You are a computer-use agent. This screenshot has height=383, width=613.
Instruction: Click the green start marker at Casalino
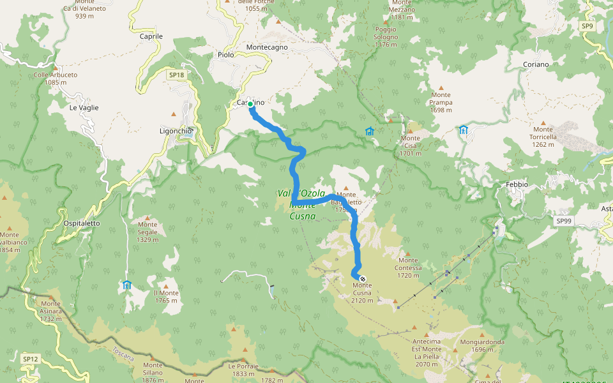[251, 104]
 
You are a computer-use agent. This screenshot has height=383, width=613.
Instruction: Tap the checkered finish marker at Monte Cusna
[363, 279]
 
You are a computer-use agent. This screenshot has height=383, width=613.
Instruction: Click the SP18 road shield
[176, 75]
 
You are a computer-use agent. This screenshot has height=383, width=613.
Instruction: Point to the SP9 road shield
[587, 26]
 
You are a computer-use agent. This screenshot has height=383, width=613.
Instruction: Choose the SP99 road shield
[563, 221]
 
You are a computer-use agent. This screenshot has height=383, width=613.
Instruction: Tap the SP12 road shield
[30, 359]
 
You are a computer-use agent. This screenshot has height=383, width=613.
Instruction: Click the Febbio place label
[517, 184]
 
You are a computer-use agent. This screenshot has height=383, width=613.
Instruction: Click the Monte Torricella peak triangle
[543, 122]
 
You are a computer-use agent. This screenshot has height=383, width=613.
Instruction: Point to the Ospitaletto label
[82, 223]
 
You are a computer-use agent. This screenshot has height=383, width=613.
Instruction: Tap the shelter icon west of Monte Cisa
[369, 131]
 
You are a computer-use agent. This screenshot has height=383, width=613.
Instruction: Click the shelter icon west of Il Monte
[126, 285]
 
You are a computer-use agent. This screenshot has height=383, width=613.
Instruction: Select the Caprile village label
[151, 36]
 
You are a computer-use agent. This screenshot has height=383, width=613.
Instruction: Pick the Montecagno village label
[267, 47]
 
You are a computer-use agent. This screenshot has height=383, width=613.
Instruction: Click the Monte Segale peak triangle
[148, 217]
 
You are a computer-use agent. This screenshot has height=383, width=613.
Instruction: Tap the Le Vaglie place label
[84, 108]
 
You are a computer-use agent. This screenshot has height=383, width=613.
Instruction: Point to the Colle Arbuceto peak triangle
[56, 67]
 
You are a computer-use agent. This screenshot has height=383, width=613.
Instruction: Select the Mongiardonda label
[482, 342]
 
